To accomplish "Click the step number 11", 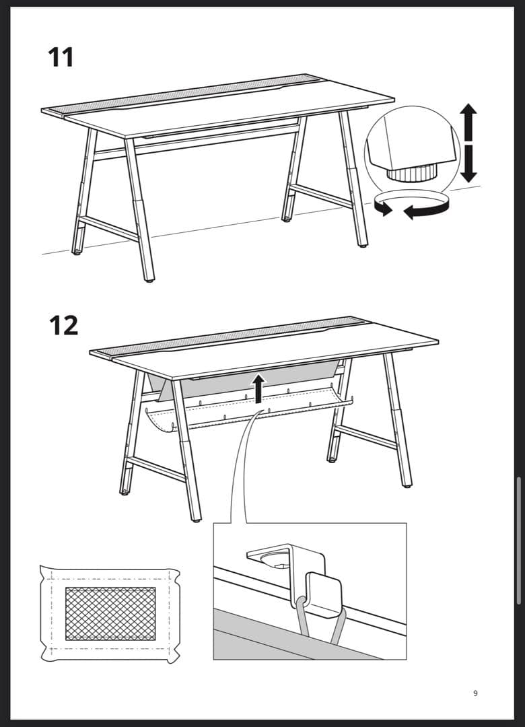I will tap(61, 57).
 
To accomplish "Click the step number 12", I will tap(63, 325).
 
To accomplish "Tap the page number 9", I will tap(475, 693).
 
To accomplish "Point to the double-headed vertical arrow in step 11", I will tap(468, 143).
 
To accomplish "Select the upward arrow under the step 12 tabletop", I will tap(258, 389).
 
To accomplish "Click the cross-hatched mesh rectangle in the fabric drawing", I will tap(110, 613).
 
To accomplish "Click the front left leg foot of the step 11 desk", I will tap(149, 277).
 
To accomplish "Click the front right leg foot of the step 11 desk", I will tap(363, 244).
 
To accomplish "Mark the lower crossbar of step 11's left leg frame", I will tap(108, 228).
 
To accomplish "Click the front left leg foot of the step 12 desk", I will tap(195, 518).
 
